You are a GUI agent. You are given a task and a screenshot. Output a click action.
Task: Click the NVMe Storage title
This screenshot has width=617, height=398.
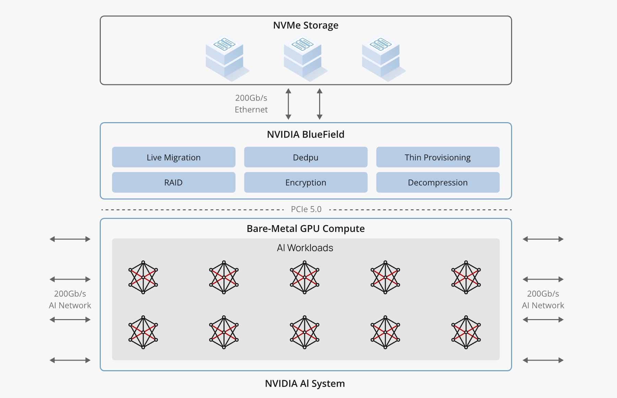click(305, 25)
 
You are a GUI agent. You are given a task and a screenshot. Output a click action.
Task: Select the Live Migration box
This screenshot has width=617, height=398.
click(173, 157)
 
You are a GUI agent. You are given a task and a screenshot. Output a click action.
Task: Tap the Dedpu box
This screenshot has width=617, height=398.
click(306, 157)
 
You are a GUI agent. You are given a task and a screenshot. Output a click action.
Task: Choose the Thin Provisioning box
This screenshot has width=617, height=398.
click(438, 157)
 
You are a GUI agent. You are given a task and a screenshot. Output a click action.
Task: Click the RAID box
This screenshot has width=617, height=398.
click(173, 182)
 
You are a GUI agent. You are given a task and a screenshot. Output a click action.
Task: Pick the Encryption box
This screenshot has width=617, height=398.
click(306, 182)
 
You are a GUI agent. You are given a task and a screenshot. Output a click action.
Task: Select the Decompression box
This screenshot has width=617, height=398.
click(438, 182)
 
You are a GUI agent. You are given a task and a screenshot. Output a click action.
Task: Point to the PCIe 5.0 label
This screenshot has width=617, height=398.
click(306, 209)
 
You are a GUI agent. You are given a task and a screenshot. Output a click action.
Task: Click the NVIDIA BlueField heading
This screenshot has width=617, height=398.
click(305, 134)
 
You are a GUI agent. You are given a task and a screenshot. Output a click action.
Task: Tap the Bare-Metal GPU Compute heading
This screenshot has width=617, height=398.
click(305, 229)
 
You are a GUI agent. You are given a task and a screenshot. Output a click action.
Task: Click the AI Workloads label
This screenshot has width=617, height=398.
click(305, 248)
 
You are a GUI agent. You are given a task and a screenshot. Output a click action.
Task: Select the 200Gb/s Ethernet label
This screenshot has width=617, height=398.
click(251, 104)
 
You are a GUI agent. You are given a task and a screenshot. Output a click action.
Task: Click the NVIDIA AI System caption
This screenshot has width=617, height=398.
click(305, 383)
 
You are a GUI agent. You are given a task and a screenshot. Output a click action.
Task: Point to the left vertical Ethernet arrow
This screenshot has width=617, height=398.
click(289, 104)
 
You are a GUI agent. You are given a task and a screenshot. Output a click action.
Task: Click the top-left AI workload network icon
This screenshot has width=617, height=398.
click(143, 277)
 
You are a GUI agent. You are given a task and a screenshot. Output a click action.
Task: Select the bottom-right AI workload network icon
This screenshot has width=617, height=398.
click(466, 332)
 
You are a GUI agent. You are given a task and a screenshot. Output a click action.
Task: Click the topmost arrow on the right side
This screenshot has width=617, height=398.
click(543, 239)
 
